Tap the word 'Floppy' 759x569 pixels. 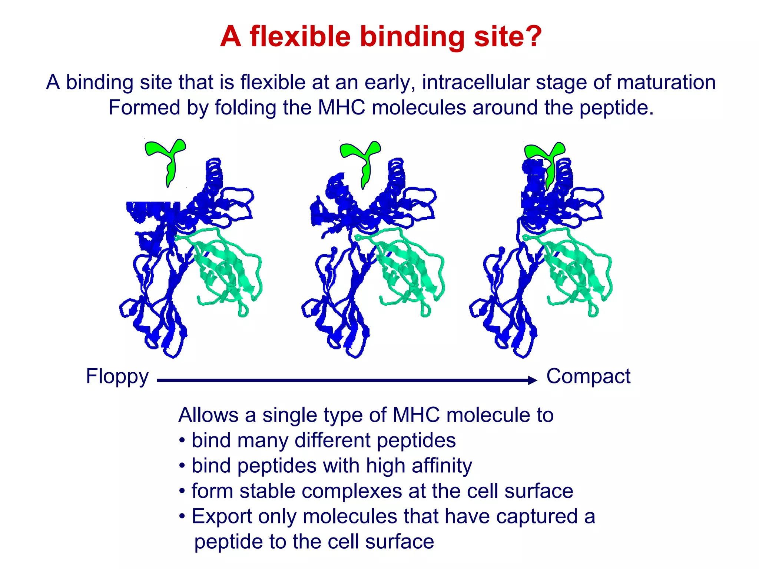coord(117,377)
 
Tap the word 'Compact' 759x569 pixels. coord(588,376)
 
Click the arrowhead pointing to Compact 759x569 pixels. coord(533,380)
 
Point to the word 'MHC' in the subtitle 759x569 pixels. coord(341,108)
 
